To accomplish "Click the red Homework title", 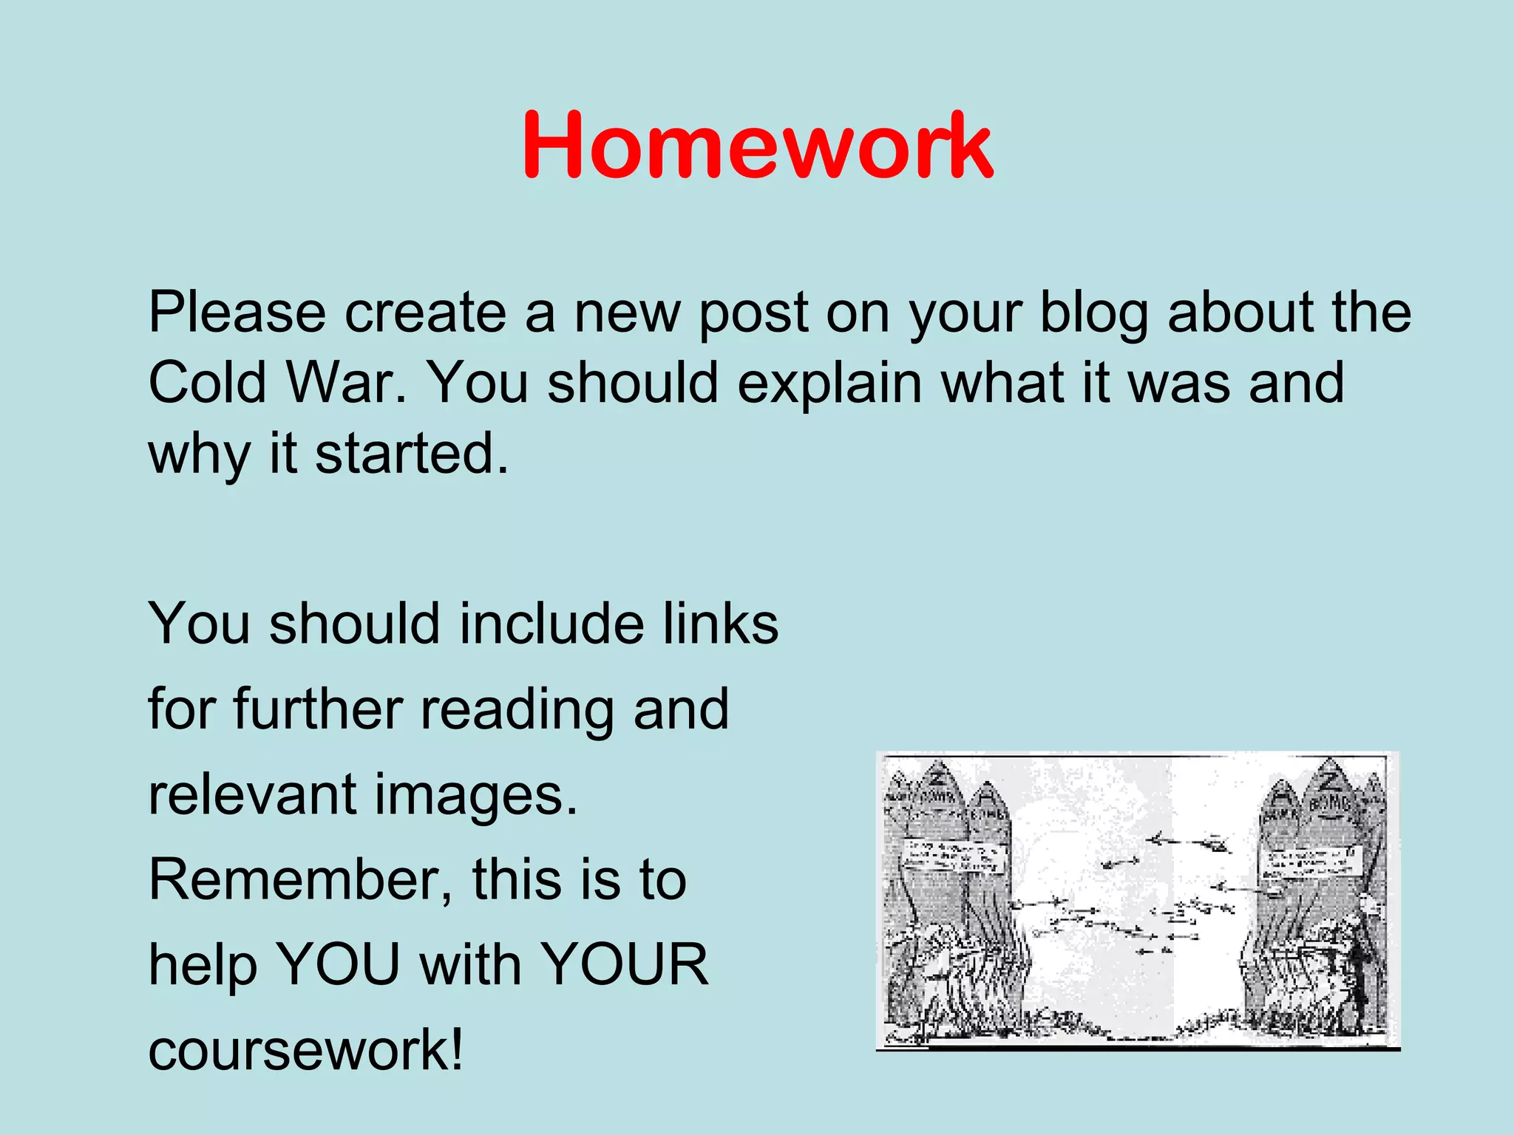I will pyautogui.click(x=757, y=145).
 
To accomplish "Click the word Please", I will pyautogui.click(x=237, y=313).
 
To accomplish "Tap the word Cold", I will pyautogui.click(x=207, y=383).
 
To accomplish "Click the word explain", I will pyautogui.click(x=829, y=383).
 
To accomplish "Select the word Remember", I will pyautogui.click(x=299, y=879).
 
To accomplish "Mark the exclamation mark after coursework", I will pyautogui.click(x=457, y=1049).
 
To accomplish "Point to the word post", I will pyautogui.click(x=754, y=313).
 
